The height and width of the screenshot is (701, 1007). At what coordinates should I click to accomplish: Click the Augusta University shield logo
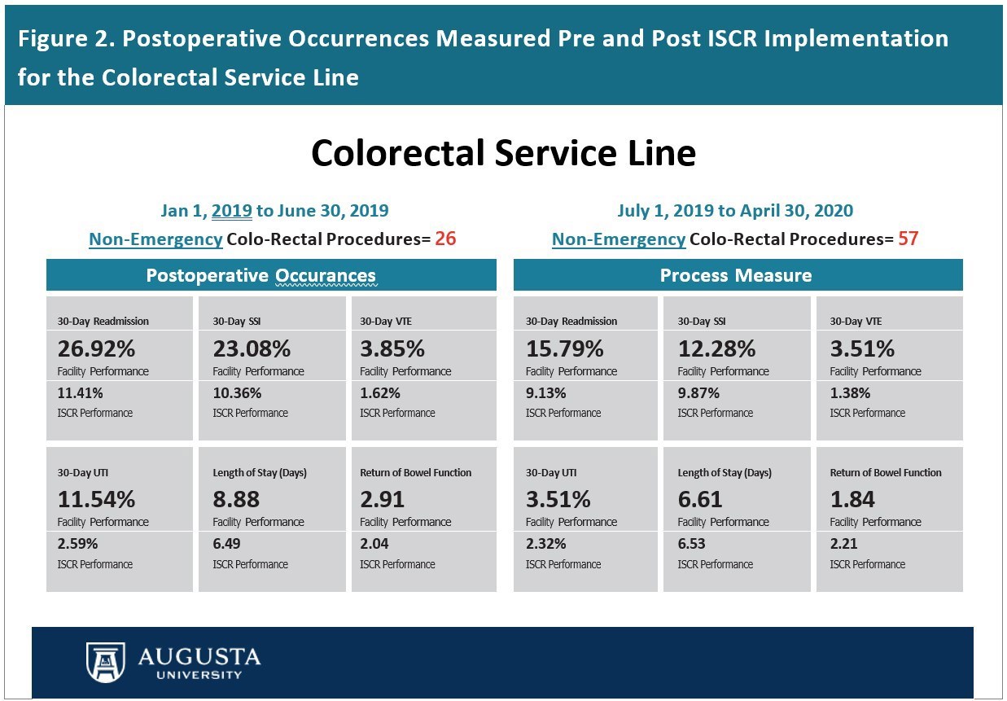[106, 661]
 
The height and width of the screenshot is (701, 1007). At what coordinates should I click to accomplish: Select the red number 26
[445, 239]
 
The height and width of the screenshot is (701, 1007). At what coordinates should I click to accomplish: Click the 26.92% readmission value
[96, 348]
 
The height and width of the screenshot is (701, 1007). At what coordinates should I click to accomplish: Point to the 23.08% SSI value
[252, 348]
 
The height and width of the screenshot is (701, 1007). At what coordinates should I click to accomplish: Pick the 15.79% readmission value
[564, 348]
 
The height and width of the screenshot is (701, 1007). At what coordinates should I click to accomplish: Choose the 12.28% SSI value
[716, 348]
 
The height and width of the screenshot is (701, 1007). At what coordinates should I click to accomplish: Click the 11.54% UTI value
[96, 498]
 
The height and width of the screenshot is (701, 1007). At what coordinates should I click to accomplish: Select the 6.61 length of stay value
[700, 498]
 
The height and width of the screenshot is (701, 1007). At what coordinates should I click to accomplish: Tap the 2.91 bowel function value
[382, 498]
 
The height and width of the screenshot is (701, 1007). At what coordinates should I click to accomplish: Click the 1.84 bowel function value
[852, 498]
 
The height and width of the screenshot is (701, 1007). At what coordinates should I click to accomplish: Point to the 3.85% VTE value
[392, 348]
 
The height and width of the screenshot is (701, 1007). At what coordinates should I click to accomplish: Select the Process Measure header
[736, 275]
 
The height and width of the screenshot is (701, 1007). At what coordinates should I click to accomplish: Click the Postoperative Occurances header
[261, 275]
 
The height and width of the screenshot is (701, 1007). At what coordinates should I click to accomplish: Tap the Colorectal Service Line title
[503, 152]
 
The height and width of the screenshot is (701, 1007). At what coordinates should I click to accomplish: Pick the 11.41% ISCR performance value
[80, 392]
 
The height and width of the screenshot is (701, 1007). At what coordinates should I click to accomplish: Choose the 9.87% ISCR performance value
[698, 392]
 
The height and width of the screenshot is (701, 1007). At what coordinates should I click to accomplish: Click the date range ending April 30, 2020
[735, 211]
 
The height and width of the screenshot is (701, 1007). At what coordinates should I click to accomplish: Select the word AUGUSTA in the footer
[199, 656]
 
